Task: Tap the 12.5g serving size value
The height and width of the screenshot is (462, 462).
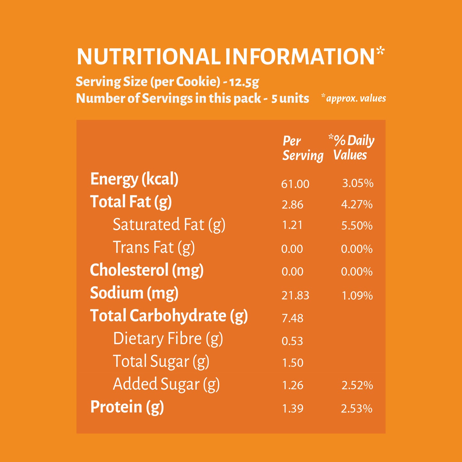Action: pyautogui.click(x=244, y=82)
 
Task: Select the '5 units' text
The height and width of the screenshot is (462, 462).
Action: pyautogui.click(x=290, y=98)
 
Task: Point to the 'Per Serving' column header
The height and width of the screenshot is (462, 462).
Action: pyautogui.click(x=303, y=148)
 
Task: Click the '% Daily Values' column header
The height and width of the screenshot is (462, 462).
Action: pyautogui.click(x=351, y=147)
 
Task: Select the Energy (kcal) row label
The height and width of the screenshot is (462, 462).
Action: pyautogui.click(x=134, y=180)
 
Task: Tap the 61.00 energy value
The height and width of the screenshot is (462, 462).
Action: pyautogui.click(x=295, y=184)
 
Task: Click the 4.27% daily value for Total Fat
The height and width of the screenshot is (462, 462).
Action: pyautogui.click(x=357, y=205)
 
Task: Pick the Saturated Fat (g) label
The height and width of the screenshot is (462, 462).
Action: pyautogui.click(x=169, y=225)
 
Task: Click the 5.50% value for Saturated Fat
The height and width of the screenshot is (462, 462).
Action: pyautogui.click(x=357, y=226)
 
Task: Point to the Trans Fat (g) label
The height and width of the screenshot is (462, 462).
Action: pyautogui.click(x=154, y=247)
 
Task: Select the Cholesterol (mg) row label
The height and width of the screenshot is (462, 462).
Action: pyautogui.click(x=147, y=270)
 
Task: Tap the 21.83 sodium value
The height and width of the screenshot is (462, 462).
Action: pyautogui.click(x=295, y=295)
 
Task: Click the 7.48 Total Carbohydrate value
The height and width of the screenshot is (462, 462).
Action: pyautogui.click(x=293, y=318)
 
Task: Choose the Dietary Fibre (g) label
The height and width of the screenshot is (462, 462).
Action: pyautogui.click(x=168, y=339)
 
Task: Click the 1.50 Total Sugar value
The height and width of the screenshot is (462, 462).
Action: pyautogui.click(x=293, y=363)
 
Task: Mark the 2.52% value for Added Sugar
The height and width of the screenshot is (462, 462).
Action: pyautogui.click(x=357, y=385)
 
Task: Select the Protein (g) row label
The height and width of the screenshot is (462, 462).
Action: pyautogui.click(x=127, y=407)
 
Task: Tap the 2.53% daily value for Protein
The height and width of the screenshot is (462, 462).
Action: pyautogui.click(x=357, y=408)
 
